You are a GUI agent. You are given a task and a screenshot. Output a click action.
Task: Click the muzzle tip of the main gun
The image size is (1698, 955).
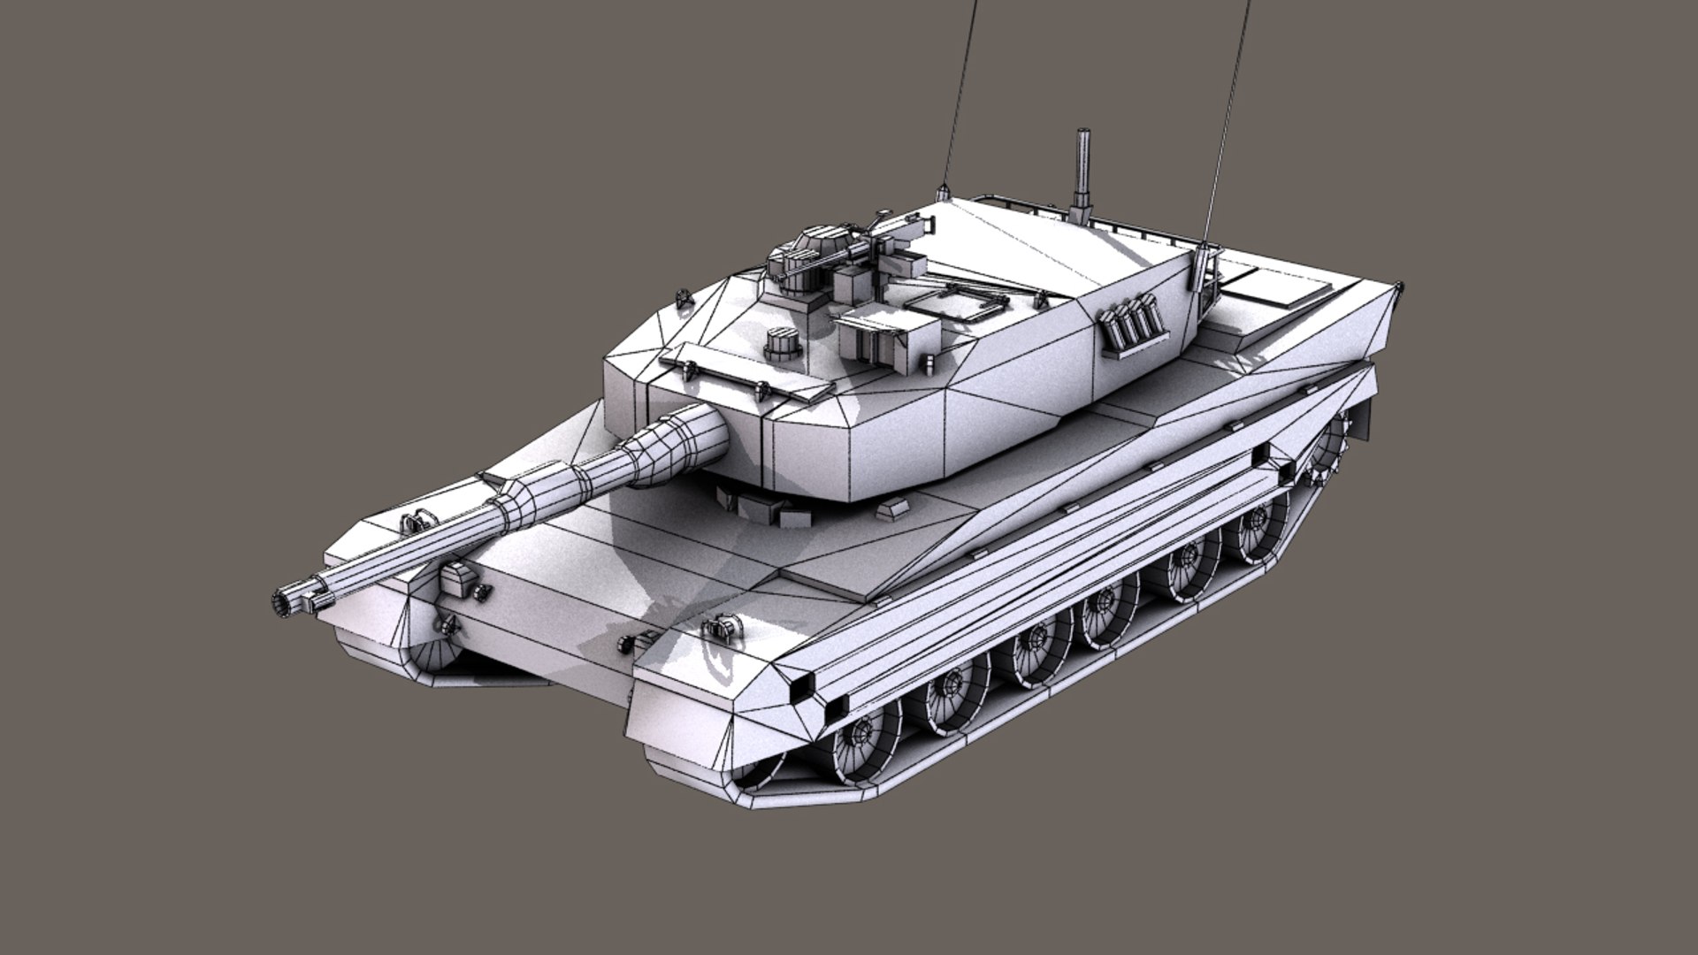286,601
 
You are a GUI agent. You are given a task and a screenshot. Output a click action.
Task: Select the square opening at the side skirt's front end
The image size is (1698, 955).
804,685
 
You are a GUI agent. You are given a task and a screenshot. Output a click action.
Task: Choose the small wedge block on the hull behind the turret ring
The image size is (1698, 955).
891,509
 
